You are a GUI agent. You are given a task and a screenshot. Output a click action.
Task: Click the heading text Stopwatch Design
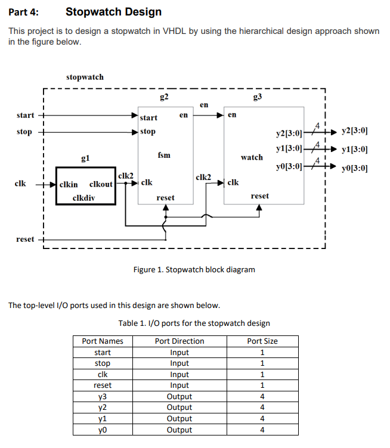(x=113, y=12)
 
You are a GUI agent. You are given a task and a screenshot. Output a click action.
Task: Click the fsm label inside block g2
(x=164, y=155)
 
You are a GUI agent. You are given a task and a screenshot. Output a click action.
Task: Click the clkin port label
(x=70, y=184)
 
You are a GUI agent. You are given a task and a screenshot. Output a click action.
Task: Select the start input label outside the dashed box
(x=26, y=115)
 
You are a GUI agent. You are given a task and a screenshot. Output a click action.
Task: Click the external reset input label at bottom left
(x=25, y=239)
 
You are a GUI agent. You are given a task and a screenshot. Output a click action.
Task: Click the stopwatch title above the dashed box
(x=85, y=77)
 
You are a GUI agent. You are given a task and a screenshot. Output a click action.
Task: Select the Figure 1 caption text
(x=194, y=269)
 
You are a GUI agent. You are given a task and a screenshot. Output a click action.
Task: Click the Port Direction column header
(x=179, y=341)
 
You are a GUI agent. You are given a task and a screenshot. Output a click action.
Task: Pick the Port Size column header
(x=262, y=341)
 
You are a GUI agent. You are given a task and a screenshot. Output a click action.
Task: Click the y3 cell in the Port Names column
(x=103, y=396)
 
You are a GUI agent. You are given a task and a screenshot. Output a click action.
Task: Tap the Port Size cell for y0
(x=262, y=430)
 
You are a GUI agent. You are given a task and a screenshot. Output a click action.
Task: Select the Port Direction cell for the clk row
(x=179, y=374)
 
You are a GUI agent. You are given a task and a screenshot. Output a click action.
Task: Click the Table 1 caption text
(x=194, y=323)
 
